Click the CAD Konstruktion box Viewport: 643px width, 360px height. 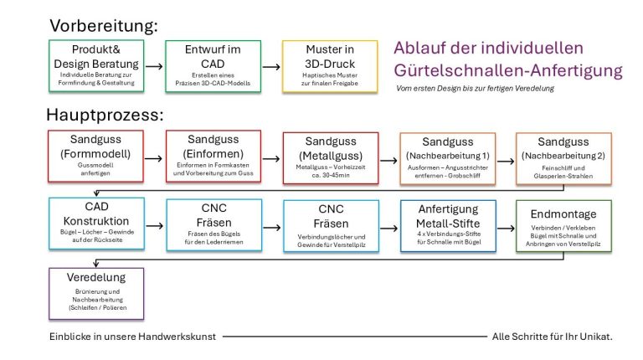coord(94,224)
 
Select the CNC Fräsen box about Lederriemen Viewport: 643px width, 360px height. coord(213,224)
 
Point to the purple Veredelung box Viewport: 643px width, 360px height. coord(94,291)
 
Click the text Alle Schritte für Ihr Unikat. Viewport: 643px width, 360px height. coord(552,336)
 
